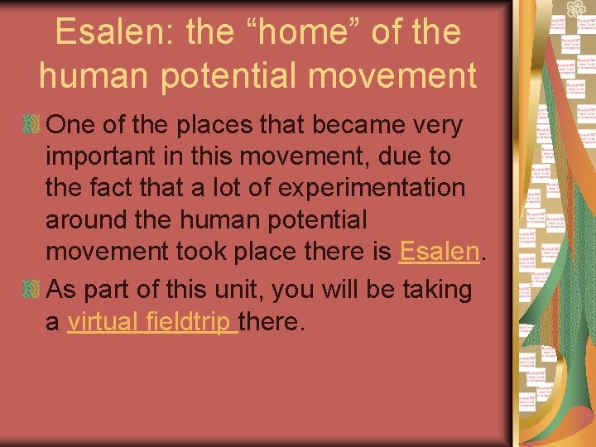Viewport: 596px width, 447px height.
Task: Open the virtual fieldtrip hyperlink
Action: point(152,321)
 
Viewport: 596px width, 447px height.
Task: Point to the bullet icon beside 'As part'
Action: point(31,290)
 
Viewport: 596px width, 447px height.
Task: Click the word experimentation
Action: point(372,188)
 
